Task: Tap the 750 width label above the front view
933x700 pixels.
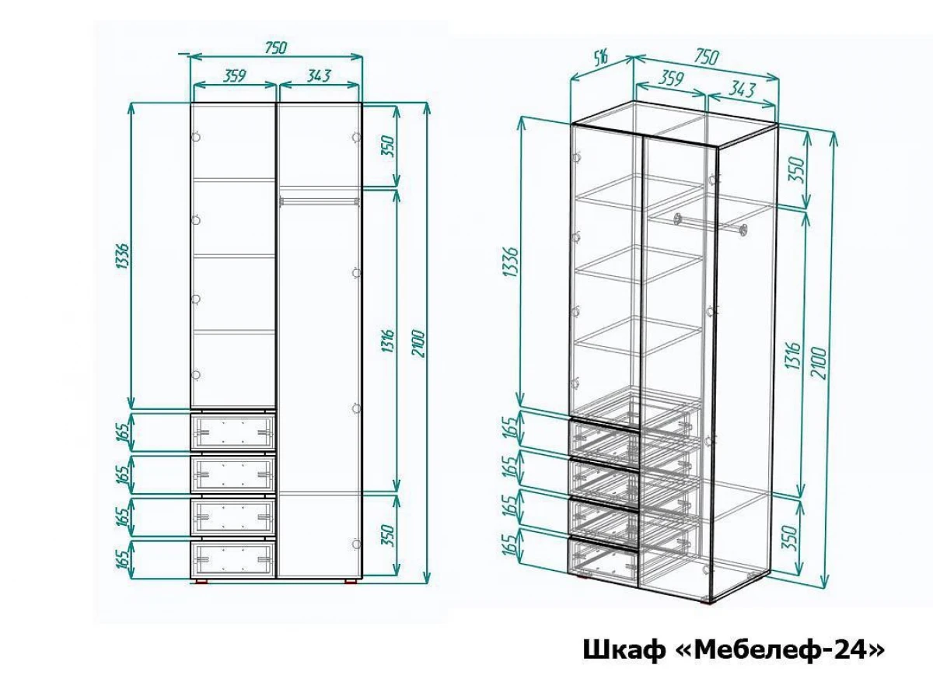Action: point(276,47)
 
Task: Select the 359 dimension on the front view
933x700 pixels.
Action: point(233,76)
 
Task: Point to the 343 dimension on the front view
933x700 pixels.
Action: point(319,76)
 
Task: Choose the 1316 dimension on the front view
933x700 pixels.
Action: point(389,340)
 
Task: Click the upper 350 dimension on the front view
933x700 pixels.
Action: point(389,146)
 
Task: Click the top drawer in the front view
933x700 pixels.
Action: point(233,432)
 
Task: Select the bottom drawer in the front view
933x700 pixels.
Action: point(233,558)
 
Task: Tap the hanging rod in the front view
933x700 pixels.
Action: point(319,201)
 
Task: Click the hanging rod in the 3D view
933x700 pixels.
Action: point(711,225)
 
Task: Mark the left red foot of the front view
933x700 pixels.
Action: point(202,581)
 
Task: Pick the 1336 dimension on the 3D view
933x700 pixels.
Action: point(511,261)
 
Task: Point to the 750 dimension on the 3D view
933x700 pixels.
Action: point(706,58)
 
